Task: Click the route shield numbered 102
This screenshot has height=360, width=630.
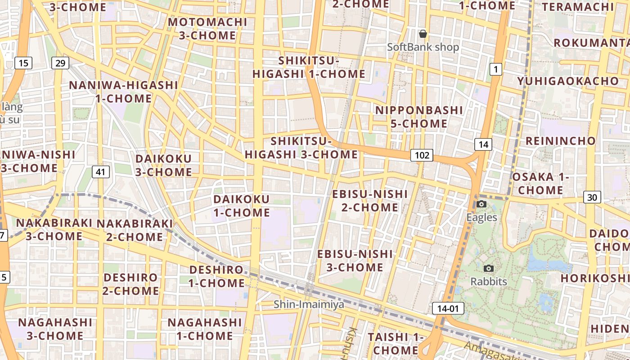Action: (422, 156)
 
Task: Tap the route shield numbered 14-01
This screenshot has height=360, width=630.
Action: (448, 308)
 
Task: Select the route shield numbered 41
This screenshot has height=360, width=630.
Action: (101, 171)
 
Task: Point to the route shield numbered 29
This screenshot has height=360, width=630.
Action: (60, 63)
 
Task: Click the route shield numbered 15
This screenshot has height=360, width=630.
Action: (23, 63)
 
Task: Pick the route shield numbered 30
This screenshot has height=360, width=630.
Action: (592, 197)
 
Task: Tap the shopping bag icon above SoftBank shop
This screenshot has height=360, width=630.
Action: (423, 34)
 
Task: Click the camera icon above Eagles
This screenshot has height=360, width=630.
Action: (481, 204)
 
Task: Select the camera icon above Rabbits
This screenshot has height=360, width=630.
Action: (488, 269)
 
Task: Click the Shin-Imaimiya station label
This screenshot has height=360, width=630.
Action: (309, 305)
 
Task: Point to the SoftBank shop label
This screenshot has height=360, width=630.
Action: (423, 47)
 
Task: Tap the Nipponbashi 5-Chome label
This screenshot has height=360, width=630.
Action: (419, 117)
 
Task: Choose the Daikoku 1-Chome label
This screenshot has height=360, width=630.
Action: (242, 206)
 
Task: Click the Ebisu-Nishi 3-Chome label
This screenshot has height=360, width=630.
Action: (355, 261)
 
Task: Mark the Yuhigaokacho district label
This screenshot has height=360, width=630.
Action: (568, 81)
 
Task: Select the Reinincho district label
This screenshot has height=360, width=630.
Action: (561, 141)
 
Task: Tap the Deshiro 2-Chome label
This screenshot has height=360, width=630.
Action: (130, 284)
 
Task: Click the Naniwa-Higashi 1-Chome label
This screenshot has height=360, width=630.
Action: (123, 92)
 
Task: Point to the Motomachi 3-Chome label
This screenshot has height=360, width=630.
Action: (207, 28)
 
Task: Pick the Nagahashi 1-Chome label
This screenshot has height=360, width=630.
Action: (205, 329)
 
